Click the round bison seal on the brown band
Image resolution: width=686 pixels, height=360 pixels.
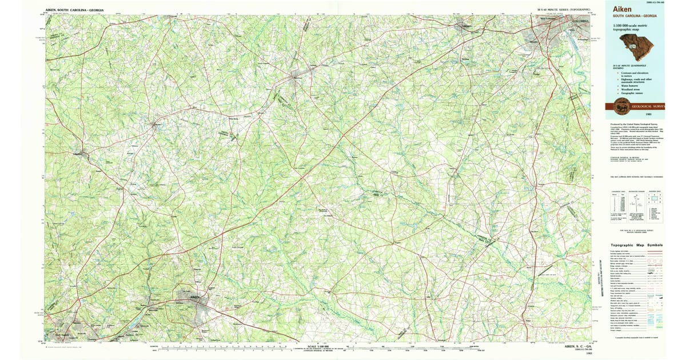(x=621, y=106)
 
